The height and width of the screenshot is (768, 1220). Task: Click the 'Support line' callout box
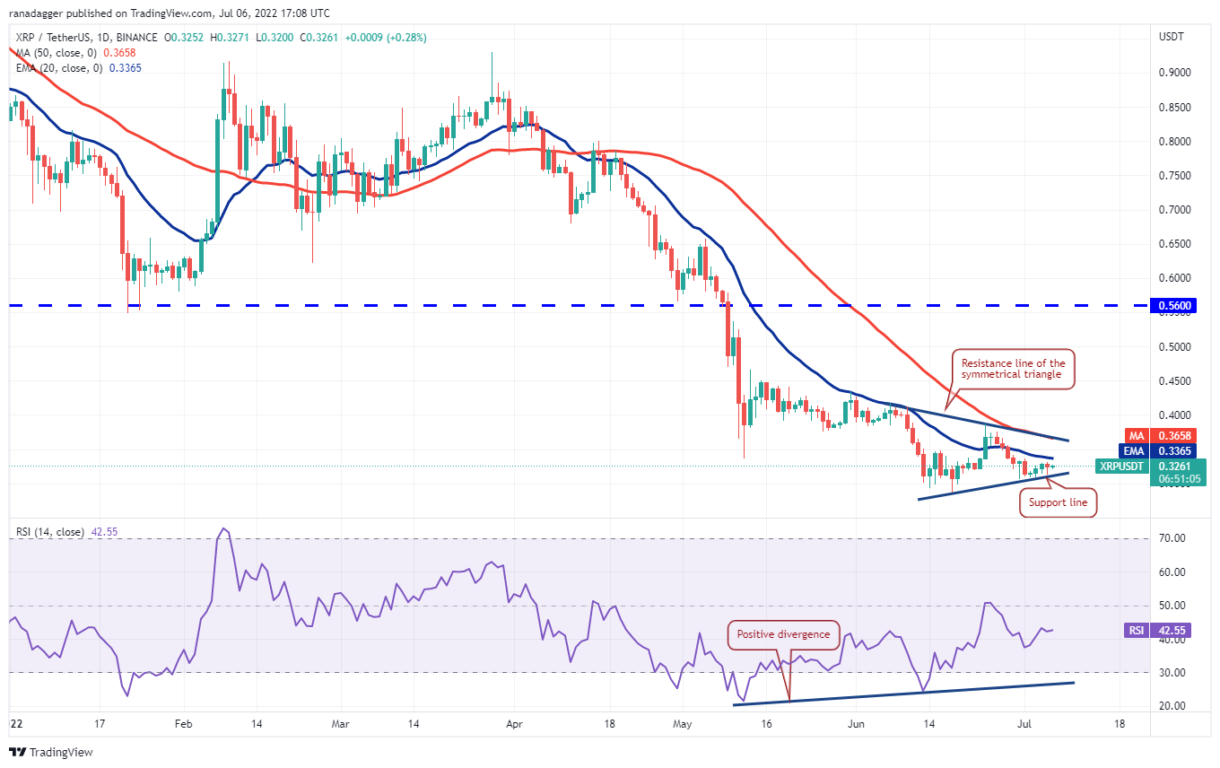coord(1059,502)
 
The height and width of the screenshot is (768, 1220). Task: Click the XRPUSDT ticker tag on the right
coord(1121,467)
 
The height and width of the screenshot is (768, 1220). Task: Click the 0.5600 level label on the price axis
coord(1181,306)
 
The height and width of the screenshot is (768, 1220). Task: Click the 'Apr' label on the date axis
coord(514,722)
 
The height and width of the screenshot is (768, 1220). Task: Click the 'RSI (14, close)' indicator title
coord(50,532)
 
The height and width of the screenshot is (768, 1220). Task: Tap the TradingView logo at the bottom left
coord(50,752)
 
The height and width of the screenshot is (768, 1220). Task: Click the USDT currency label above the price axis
coord(1172,38)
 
